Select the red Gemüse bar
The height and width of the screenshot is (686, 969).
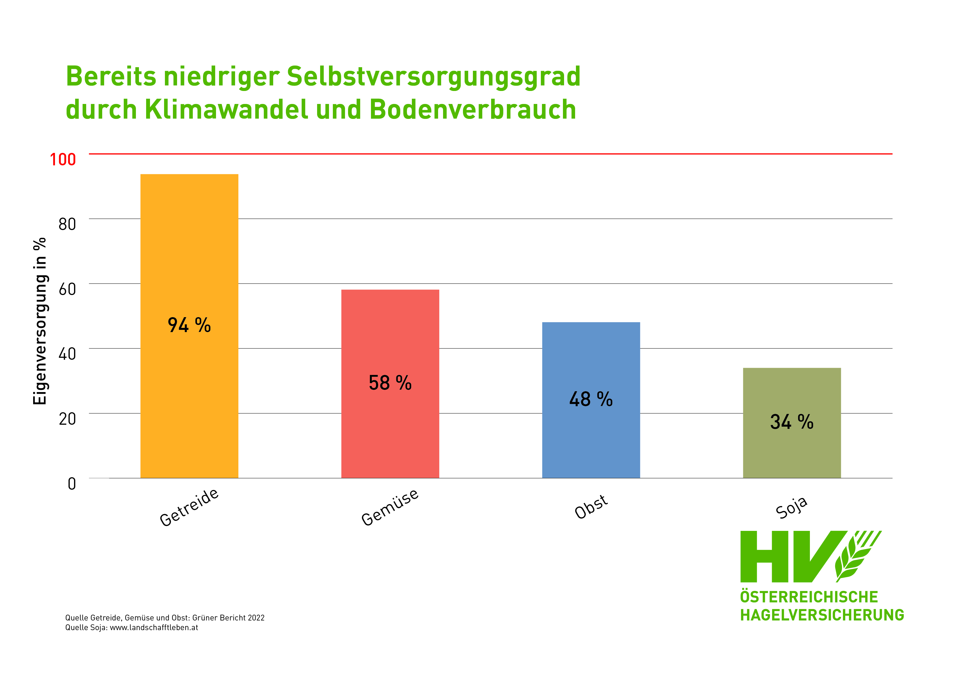pyautogui.click(x=390, y=431)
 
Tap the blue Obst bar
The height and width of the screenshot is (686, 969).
pyautogui.click(x=591, y=444)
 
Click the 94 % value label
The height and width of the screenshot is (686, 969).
pyautogui.click(x=189, y=325)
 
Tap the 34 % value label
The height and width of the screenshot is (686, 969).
pyautogui.click(x=792, y=422)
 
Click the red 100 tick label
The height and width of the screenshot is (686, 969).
pyautogui.click(x=63, y=160)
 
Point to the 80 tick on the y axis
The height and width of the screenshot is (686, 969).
pyautogui.click(x=67, y=224)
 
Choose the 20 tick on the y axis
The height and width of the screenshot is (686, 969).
pyautogui.click(x=67, y=419)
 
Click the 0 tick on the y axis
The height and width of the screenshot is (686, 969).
pyautogui.click(x=72, y=484)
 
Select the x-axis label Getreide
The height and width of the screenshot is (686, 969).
pyautogui.click(x=189, y=507)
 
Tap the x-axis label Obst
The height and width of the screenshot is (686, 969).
pyautogui.click(x=591, y=507)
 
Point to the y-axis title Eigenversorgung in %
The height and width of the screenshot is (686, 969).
pyautogui.click(x=40, y=321)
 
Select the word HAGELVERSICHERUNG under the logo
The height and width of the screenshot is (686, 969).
pyautogui.click(x=822, y=615)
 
